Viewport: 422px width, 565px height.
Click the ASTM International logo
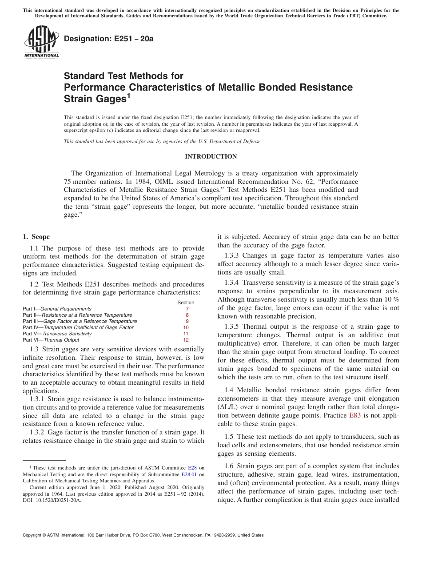coord(41,42)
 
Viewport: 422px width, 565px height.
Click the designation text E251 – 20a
coord(108,39)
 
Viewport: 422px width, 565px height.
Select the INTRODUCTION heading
coord(211,156)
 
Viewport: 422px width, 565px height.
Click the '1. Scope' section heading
coord(36,237)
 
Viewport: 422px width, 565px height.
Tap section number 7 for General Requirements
coord(187,309)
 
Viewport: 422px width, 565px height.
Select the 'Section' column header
coord(186,302)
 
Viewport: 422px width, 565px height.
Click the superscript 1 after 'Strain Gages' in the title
coord(128,95)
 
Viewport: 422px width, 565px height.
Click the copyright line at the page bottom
coord(143,535)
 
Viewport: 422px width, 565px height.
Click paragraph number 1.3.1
coord(37,399)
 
